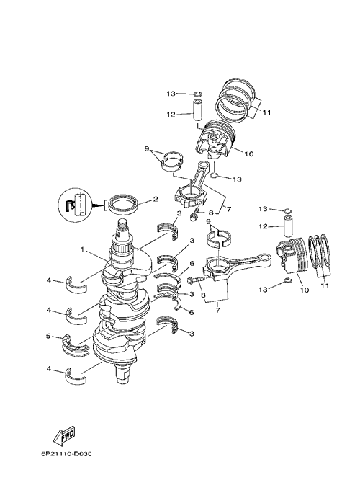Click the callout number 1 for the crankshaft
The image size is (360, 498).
click(x=83, y=249)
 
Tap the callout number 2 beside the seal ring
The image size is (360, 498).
click(x=155, y=200)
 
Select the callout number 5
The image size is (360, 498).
click(x=48, y=335)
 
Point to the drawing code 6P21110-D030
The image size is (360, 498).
click(x=66, y=454)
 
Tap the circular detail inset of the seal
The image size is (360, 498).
click(x=75, y=205)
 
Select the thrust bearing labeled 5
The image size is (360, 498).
click(x=75, y=345)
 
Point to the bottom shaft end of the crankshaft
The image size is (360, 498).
click(x=122, y=375)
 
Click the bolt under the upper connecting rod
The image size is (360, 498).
click(x=194, y=214)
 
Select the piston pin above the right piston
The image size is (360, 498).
click(x=288, y=226)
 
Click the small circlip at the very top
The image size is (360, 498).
click(x=197, y=94)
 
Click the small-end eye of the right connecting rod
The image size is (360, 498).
click(x=264, y=257)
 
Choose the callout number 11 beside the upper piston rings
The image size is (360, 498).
click(x=266, y=112)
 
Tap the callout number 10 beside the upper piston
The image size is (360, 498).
click(x=249, y=154)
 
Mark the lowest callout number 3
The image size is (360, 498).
click(x=192, y=334)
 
